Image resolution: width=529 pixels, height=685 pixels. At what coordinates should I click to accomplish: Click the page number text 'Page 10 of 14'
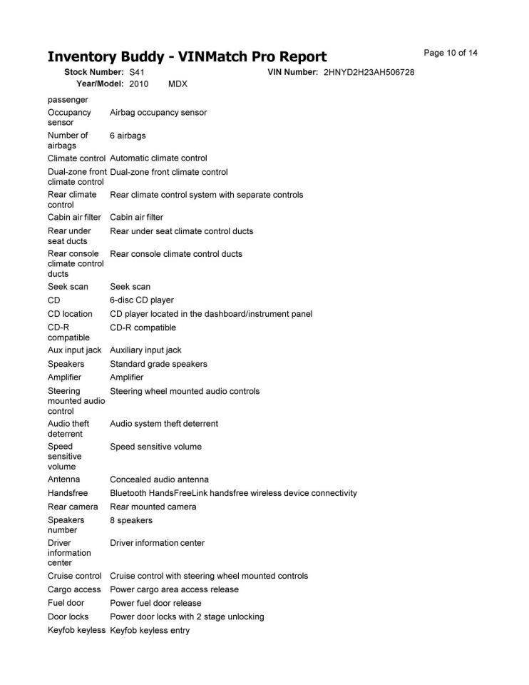coord(450,53)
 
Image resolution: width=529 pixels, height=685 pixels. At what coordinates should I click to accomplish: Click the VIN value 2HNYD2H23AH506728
coord(369,73)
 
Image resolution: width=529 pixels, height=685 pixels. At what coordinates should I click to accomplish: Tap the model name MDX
coord(178,84)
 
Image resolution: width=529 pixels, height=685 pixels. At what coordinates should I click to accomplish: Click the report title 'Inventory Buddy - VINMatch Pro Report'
coord(187,57)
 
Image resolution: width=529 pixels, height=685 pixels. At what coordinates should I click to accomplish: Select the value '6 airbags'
coord(128,136)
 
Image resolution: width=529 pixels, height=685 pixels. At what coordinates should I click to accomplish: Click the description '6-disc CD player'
coord(141,300)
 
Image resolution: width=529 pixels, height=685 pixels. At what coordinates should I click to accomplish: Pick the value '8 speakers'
coord(130,520)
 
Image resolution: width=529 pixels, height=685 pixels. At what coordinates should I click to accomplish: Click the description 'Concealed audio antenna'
coord(159,479)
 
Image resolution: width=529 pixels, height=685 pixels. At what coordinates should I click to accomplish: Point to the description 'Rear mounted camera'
coord(153,507)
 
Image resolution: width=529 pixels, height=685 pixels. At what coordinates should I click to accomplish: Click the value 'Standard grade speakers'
coord(158,364)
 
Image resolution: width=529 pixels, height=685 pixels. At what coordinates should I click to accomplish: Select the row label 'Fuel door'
coord(66,603)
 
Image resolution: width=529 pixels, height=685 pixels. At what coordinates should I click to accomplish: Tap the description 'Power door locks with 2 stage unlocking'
coord(187,616)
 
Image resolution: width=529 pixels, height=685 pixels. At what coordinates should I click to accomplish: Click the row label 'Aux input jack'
coord(74,350)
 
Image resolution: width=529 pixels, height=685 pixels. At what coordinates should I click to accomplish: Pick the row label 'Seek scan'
coord(68,287)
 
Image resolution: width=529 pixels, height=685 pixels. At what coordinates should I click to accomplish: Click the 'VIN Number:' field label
coord(292,73)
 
